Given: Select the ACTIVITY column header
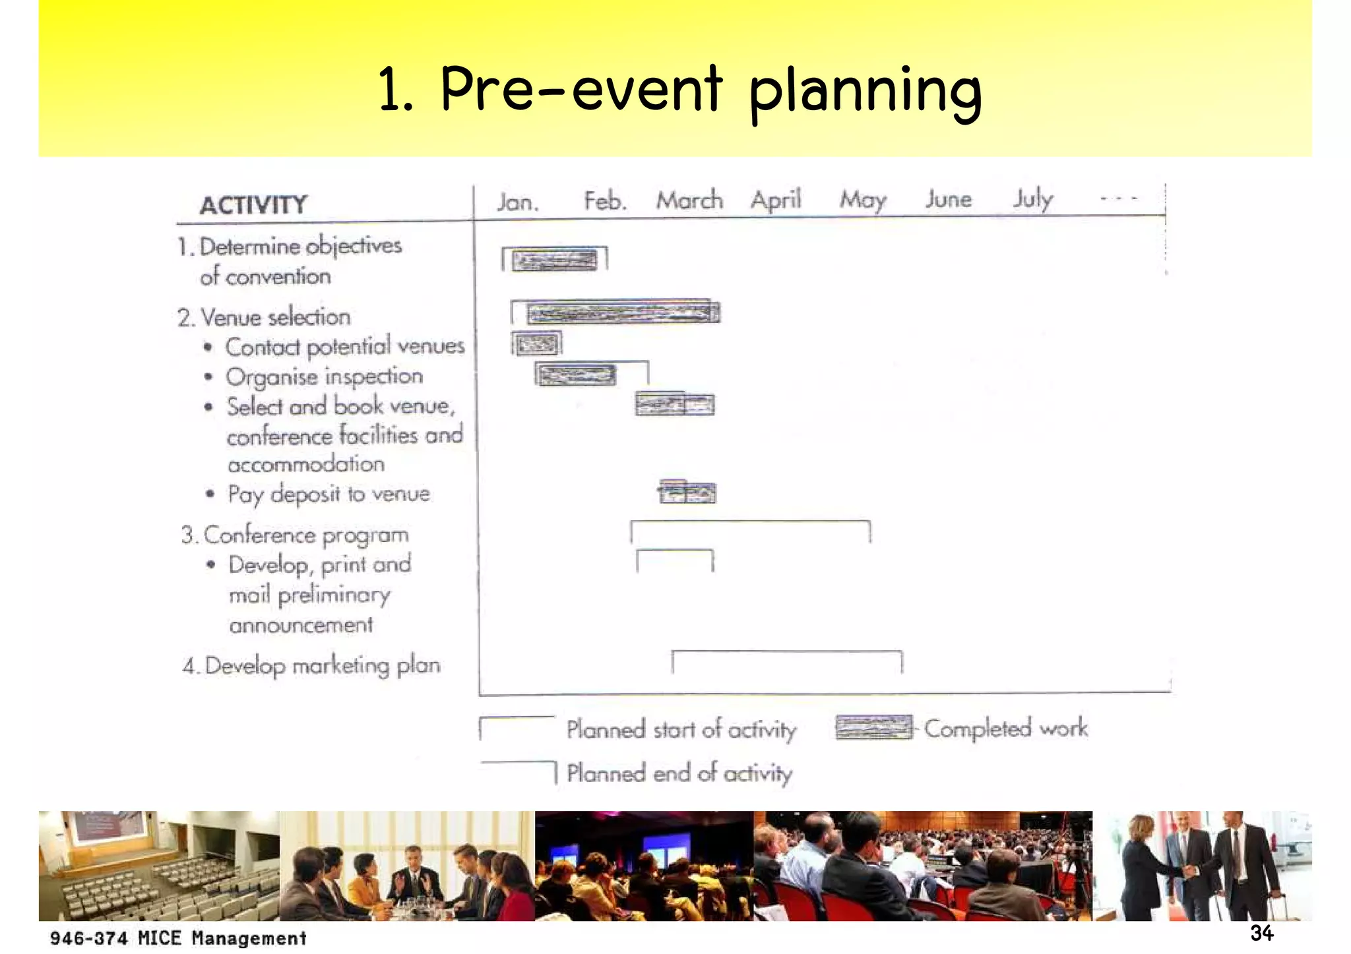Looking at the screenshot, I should click(x=253, y=205).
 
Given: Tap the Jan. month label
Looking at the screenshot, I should click(x=517, y=201).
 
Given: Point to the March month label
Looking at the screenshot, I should click(x=689, y=200).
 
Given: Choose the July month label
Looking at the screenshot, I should click(x=1033, y=199).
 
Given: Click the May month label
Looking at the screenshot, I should click(x=862, y=199).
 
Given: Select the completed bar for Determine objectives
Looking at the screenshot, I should click(x=554, y=260).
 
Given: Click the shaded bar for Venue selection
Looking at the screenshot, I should click(x=622, y=313).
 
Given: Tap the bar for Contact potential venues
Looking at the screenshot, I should click(x=537, y=343).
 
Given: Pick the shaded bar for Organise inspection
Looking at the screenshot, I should click(x=576, y=375).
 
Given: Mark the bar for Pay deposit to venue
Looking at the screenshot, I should click(x=687, y=492).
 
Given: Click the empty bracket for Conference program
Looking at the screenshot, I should click(x=750, y=531).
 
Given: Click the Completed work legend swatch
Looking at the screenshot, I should click(x=873, y=728).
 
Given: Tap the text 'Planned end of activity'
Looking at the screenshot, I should click(x=679, y=773).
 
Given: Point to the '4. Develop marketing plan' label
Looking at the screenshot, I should click(x=311, y=666).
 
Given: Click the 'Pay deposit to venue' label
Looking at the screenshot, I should click(x=329, y=494).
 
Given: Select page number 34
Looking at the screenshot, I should click(x=1261, y=933).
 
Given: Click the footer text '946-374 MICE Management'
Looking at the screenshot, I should click(x=178, y=938).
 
